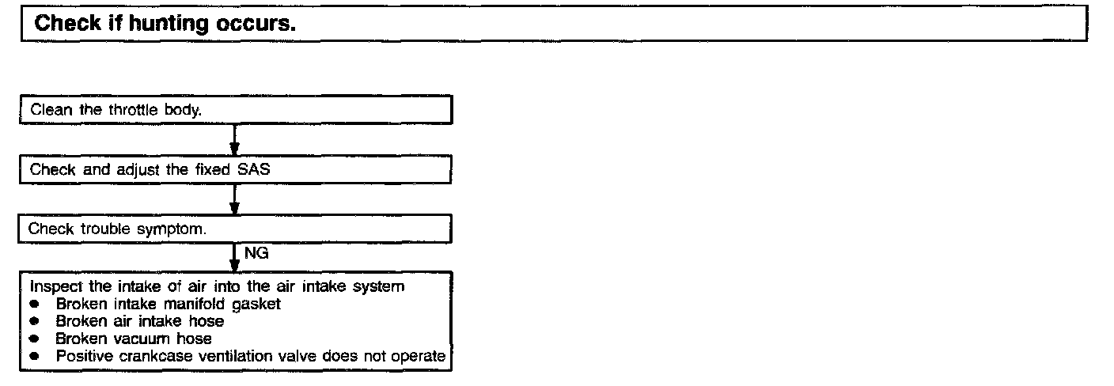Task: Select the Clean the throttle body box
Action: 236,110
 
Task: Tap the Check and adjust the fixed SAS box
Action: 236,169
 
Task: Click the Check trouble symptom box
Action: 236,229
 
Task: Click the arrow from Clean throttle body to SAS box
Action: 235,140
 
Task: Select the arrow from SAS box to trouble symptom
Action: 235,199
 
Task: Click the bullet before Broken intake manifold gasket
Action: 34,304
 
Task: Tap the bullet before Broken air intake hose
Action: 34,322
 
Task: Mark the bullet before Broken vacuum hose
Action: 34,339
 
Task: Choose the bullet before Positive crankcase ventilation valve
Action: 34,357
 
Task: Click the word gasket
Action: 256,304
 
